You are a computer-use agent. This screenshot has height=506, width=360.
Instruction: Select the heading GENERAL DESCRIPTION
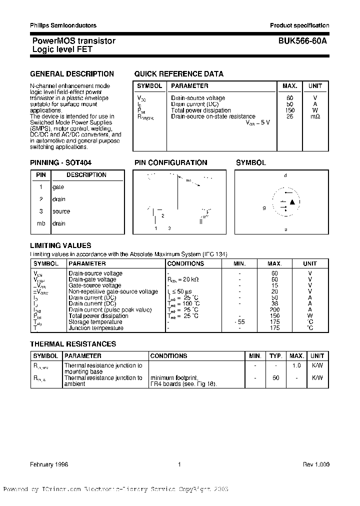(72, 74)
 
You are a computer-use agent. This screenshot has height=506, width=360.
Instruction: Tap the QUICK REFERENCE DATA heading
(178, 74)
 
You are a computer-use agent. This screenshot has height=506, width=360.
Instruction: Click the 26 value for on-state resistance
(289, 116)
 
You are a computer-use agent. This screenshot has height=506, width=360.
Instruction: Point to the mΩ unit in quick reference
(315, 116)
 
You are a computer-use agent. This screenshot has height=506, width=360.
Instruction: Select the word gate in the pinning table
(58, 187)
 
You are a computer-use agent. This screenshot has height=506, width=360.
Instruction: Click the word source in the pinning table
(61, 211)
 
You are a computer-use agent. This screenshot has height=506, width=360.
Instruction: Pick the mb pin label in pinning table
(41, 223)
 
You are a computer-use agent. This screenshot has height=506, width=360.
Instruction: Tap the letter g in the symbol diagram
(264, 207)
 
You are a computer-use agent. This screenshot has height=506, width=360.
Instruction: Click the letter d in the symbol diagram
(285, 176)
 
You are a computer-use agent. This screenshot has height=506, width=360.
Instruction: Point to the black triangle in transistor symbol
(293, 202)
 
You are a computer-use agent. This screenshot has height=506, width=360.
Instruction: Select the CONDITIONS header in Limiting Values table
(185, 263)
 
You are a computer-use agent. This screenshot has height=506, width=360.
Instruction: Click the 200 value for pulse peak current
(274, 310)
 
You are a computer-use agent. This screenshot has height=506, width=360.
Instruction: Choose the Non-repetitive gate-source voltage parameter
(113, 291)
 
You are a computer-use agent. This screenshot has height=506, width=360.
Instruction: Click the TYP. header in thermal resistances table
(276, 356)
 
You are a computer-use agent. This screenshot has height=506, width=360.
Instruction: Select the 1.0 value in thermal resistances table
(296, 365)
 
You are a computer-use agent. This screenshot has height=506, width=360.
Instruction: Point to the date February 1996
(49, 464)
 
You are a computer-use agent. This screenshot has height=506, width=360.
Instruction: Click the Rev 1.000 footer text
(315, 464)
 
